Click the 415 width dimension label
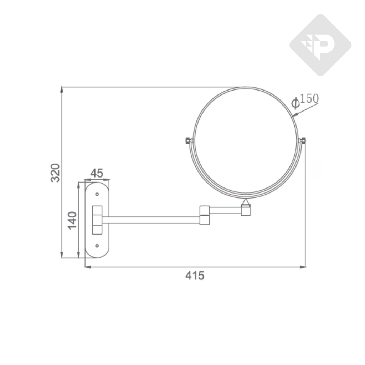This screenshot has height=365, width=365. pos(195,276)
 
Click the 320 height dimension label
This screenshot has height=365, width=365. pos(55,173)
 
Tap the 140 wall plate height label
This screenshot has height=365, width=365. pos(72,220)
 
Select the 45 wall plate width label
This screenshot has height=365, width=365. pos(97,173)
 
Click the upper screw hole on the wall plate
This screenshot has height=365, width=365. pos(97,194)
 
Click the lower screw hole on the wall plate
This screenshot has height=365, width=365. pos(97,246)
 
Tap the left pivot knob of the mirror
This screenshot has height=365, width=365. pos(189,140)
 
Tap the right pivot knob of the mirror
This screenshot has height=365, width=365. pos(302,141)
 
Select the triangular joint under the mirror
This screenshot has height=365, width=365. pos(245,203)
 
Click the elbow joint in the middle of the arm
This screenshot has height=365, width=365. pos(205,215)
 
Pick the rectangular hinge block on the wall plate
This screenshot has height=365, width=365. pos(97,220)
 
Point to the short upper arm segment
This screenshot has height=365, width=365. pos(225,210)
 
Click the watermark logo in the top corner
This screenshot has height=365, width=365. pos(320,45)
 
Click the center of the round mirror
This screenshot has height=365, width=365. pos(245,142)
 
